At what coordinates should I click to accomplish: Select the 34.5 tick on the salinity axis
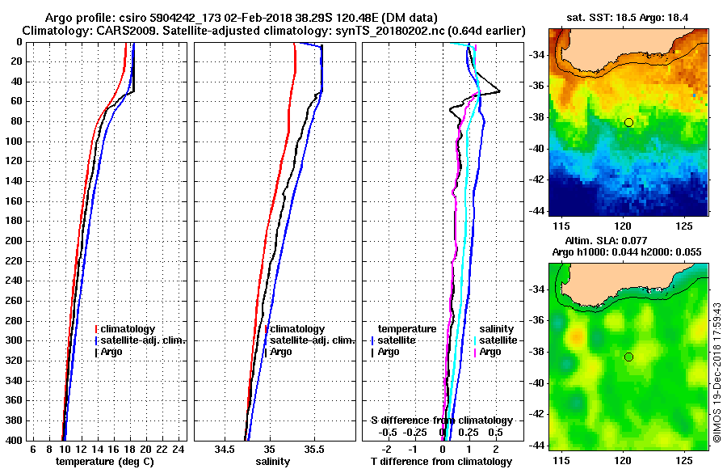225,449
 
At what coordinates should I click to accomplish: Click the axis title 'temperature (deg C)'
104,461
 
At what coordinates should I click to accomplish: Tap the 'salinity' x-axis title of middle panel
272,461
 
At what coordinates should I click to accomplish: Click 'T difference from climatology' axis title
441,461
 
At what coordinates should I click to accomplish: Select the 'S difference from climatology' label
441,420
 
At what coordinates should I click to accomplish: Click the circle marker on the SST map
628,122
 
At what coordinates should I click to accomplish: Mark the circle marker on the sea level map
628,357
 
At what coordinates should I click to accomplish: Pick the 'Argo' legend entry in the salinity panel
281,352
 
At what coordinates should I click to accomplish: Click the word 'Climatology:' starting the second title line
54,30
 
